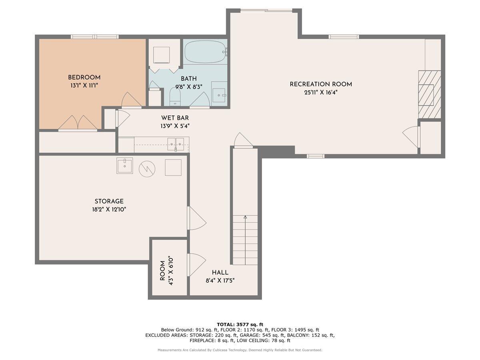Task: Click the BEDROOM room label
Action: tap(84, 77)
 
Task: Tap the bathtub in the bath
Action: tap(205, 52)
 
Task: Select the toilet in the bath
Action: tap(175, 96)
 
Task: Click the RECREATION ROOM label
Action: tap(321, 84)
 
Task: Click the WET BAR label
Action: tap(175, 118)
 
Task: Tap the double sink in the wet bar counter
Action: tap(176, 144)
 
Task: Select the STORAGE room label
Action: tap(109, 201)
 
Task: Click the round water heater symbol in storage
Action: tap(147, 169)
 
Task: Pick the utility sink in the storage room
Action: tap(125, 166)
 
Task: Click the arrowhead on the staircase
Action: tap(245, 217)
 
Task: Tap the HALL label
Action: tap(220, 272)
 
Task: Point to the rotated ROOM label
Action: tap(162, 271)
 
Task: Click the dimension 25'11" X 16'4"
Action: tap(321, 92)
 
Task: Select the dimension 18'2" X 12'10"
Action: tap(109, 209)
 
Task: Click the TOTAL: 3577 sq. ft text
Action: tap(240, 324)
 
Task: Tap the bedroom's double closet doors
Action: tap(78, 123)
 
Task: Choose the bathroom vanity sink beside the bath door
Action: tap(219, 95)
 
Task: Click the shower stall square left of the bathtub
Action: tap(161, 55)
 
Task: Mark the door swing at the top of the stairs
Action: tap(243, 140)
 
